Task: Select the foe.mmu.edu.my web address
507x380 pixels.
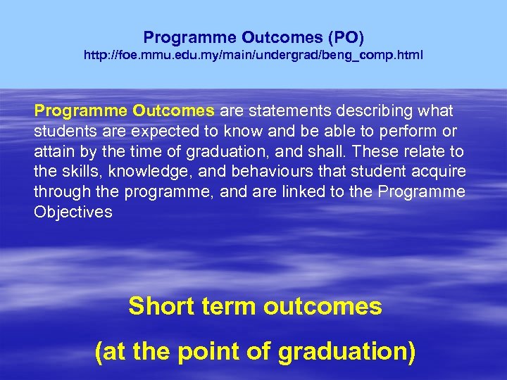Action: tap(254, 54)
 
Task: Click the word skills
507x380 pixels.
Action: tap(77, 172)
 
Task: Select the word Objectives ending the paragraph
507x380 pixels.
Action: tap(73, 212)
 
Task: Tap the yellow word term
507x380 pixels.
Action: tap(230, 306)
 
